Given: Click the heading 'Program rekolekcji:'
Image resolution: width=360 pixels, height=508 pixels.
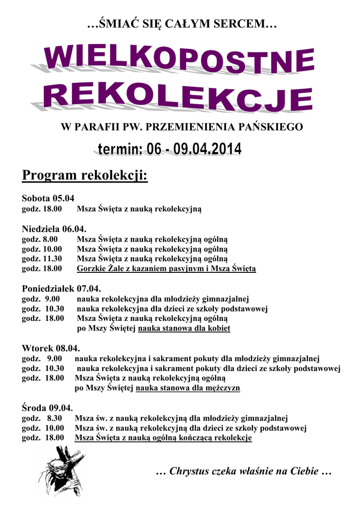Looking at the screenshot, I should click(85, 176).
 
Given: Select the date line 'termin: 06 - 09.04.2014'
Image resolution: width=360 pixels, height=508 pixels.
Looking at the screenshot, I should click(167, 149).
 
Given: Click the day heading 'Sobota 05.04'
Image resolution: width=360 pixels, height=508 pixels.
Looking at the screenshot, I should click(48, 198).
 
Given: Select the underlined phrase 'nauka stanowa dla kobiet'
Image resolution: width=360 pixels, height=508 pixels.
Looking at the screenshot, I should click(184, 328).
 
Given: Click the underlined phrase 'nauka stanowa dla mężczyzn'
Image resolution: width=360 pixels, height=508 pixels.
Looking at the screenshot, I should click(188, 388).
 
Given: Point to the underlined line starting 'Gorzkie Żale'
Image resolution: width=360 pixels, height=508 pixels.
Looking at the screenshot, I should click(166, 269).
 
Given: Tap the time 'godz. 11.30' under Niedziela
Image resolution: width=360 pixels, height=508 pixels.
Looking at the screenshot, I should click(42, 258).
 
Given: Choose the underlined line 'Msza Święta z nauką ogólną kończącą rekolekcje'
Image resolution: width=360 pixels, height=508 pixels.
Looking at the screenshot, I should click(163, 438).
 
